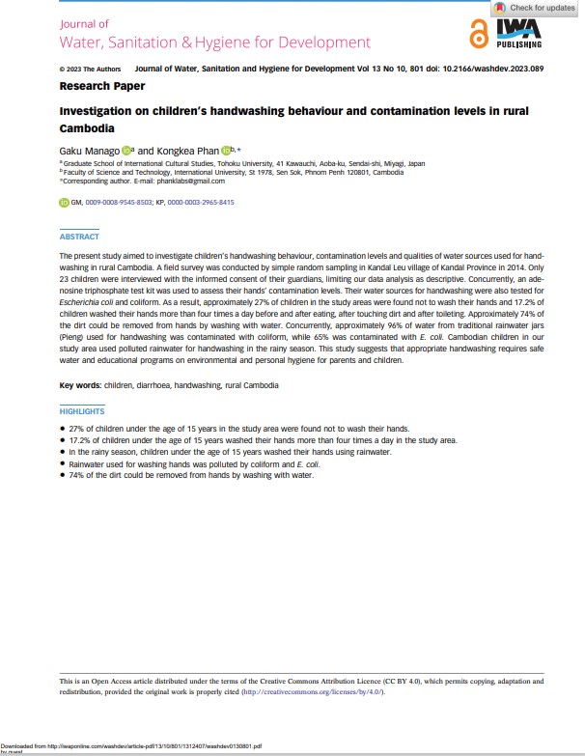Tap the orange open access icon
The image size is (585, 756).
point(478,34)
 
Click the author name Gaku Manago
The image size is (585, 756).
point(90,150)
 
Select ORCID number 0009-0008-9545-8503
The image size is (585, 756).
point(119,203)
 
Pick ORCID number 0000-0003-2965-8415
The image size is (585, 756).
point(202,203)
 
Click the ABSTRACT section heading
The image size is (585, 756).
point(79,237)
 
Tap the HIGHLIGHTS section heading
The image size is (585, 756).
point(82,411)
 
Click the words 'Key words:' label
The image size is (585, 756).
point(81,385)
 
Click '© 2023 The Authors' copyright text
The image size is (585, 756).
point(90,70)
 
